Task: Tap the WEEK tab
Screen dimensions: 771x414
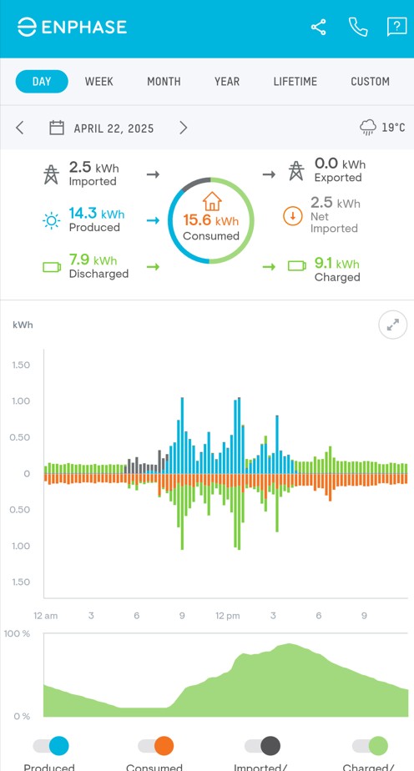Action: point(98,82)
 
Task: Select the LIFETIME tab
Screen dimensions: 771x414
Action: point(295,82)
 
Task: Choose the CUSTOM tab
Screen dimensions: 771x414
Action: point(370,82)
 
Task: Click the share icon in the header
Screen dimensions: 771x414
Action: point(319,28)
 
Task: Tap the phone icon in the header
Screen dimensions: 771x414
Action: point(358,28)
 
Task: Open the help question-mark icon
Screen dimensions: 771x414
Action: point(396,28)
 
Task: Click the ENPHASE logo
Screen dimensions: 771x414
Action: point(72,28)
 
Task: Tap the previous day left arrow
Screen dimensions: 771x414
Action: point(20,128)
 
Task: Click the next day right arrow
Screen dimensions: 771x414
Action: point(183,128)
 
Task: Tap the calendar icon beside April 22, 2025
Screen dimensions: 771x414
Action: point(57,128)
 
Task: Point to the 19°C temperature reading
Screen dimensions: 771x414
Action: point(393,128)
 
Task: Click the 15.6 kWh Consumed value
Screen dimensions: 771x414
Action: point(211,221)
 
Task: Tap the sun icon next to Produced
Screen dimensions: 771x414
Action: point(52,220)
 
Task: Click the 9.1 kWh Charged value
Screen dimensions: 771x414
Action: point(336,265)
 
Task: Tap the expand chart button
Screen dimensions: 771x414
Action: point(392,325)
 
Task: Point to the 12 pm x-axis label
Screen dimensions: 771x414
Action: point(227,616)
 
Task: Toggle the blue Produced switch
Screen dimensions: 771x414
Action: point(51,746)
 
